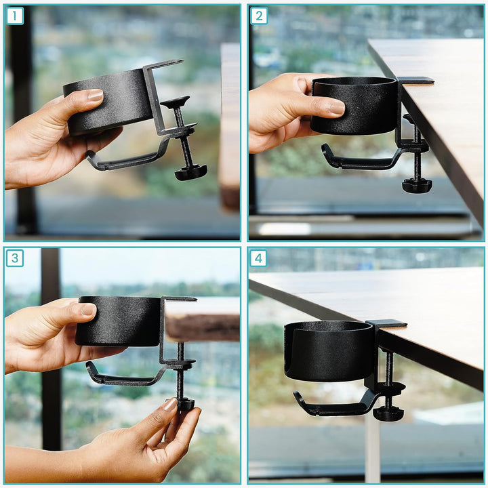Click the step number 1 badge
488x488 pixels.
(x=15, y=16)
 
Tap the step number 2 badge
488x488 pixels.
(x=258, y=16)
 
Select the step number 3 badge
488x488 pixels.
(x=15, y=258)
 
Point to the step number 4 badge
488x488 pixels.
(x=258, y=258)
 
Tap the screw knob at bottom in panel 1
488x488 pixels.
(x=190, y=173)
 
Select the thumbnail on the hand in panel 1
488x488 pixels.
(x=95, y=96)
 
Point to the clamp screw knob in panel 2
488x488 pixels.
(x=416, y=185)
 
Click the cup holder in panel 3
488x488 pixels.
(x=119, y=321)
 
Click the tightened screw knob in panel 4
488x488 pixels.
(x=388, y=413)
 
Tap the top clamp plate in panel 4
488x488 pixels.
(x=386, y=324)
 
